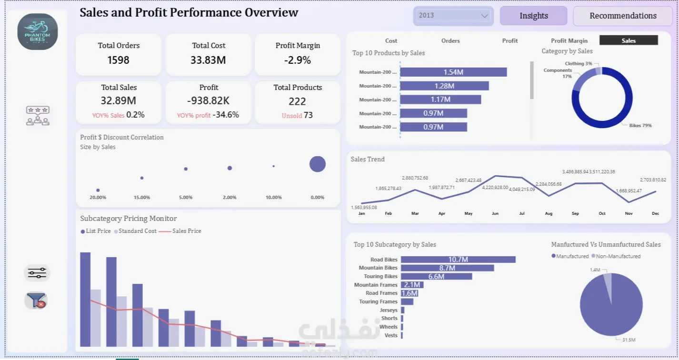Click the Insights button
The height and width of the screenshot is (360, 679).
533,16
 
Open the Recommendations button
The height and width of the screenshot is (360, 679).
623,16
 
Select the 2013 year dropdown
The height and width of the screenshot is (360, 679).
453,15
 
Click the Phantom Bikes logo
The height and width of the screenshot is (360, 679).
38,31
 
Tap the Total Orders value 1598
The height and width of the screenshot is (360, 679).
119,60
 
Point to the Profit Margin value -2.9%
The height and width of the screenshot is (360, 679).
298,60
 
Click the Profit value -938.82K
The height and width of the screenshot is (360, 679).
209,101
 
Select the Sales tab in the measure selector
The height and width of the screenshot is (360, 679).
629,40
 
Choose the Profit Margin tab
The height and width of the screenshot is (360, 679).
569,40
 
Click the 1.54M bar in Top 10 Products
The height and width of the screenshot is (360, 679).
453,72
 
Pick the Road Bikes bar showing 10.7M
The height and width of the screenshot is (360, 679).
458,260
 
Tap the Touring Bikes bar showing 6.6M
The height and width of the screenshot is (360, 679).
436,276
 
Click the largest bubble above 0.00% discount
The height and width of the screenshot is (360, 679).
318,164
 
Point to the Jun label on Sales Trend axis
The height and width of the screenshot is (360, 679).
495,214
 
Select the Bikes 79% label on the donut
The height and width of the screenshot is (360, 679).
640,126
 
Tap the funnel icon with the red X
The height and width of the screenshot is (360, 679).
37,300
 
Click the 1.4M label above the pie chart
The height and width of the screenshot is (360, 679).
595,270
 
